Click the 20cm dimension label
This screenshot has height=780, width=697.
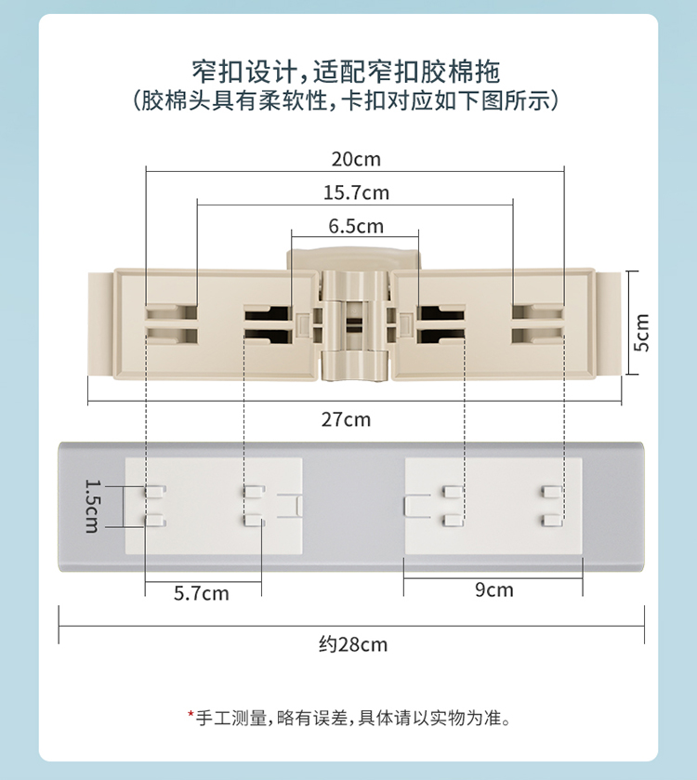click(x=356, y=159)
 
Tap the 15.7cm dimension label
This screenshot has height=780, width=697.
click(x=356, y=193)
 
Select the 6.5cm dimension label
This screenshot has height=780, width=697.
click(x=356, y=226)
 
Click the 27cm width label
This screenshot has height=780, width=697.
click(x=346, y=419)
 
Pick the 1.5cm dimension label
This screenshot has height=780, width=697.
click(x=92, y=506)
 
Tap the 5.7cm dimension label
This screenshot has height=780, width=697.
click(x=202, y=593)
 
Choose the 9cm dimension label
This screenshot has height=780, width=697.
click(x=493, y=589)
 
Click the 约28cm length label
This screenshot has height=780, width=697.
click(x=352, y=644)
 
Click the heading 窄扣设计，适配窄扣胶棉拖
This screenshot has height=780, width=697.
click(x=346, y=70)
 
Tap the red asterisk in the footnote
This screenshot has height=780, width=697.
click(x=191, y=715)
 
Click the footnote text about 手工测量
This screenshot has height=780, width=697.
click(x=353, y=718)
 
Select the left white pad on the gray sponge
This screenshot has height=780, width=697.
click(x=214, y=507)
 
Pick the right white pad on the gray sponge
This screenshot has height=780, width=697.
click(x=493, y=507)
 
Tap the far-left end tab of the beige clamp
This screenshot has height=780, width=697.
click(x=99, y=323)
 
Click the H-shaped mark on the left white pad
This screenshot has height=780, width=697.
click(x=290, y=506)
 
